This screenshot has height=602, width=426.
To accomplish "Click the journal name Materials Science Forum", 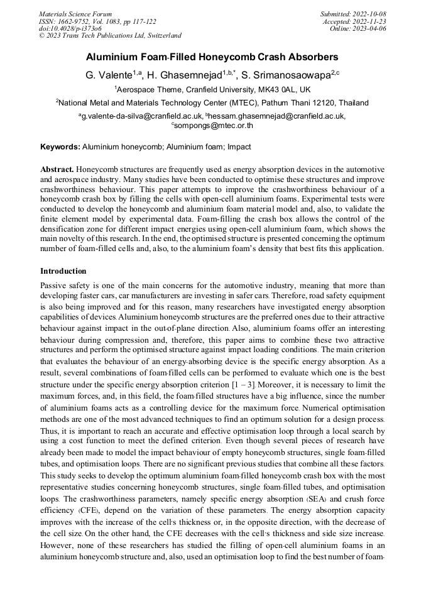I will (x=75, y=13).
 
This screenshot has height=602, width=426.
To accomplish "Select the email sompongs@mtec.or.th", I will (x=214, y=126).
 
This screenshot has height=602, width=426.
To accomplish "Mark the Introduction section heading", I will (x=63, y=271).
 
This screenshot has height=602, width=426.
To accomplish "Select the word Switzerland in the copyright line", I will (x=161, y=36).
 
